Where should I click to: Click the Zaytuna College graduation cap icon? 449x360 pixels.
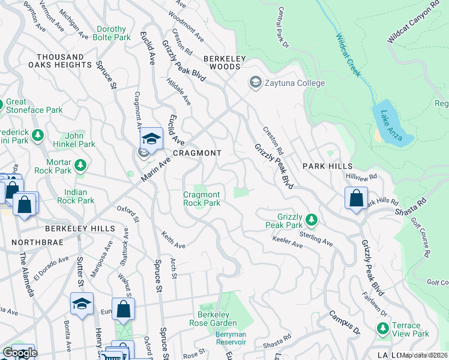pos(255,82)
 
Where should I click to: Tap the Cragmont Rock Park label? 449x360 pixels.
pos(202,199)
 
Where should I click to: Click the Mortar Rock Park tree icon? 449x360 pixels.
pos(79,164)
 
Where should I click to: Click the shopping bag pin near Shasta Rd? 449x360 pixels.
pos(357,199)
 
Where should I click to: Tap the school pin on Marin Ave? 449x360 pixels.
pos(152,140)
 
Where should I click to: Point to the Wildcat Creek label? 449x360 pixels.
pos(349,55)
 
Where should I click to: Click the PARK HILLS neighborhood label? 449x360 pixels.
pos(327,166)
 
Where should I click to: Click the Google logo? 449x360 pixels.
pos(20,353)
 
